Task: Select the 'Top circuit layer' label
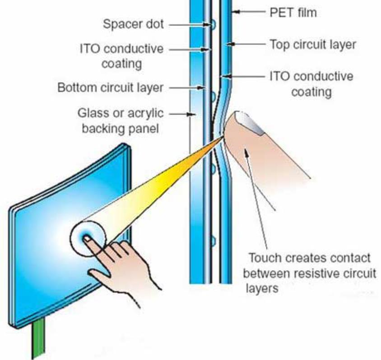(313, 44)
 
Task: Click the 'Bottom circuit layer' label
(110, 87)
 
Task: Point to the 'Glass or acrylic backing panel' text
(119, 121)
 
